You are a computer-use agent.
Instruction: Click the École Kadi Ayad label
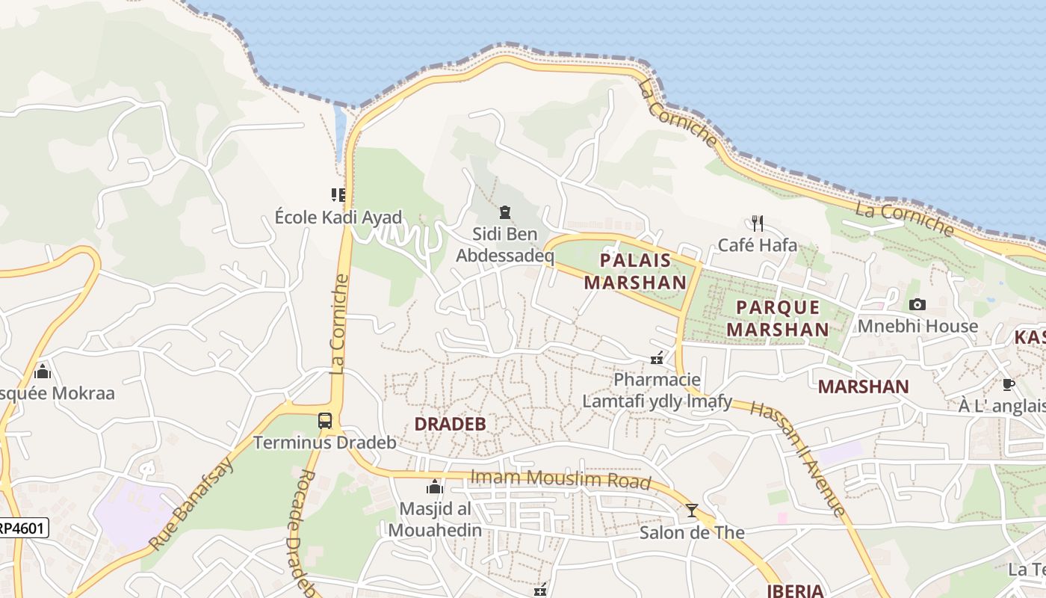(x=338, y=218)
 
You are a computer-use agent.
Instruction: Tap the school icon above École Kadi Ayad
(x=338, y=195)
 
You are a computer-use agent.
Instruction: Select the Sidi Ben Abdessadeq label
(x=505, y=245)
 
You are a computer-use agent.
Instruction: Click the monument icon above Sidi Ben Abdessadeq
(x=505, y=213)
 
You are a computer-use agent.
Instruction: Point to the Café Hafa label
(x=757, y=244)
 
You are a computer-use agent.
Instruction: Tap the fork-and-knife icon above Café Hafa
(x=757, y=223)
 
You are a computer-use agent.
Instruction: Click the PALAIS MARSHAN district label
(x=635, y=271)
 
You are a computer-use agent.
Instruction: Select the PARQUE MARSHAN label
(x=778, y=318)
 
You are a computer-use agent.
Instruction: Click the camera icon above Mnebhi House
(x=917, y=304)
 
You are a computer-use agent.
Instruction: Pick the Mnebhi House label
(x=917, y=327)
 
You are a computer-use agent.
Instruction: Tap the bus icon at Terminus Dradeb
(x=324, y=421)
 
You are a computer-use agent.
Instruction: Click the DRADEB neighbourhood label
(x=450, y=424)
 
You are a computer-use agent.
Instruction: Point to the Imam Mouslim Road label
(x=560, y=479)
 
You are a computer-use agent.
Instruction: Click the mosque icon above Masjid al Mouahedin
(x=434, y=488)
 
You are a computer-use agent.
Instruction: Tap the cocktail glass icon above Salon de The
(x=692, y=511)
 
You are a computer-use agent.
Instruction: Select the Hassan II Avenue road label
(x=797, y=457)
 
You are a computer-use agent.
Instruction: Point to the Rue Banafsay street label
(x=191, y=503)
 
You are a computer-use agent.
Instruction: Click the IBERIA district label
(x=795, y=591)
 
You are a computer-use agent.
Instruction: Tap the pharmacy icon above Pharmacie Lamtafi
(x=657, y=359)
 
